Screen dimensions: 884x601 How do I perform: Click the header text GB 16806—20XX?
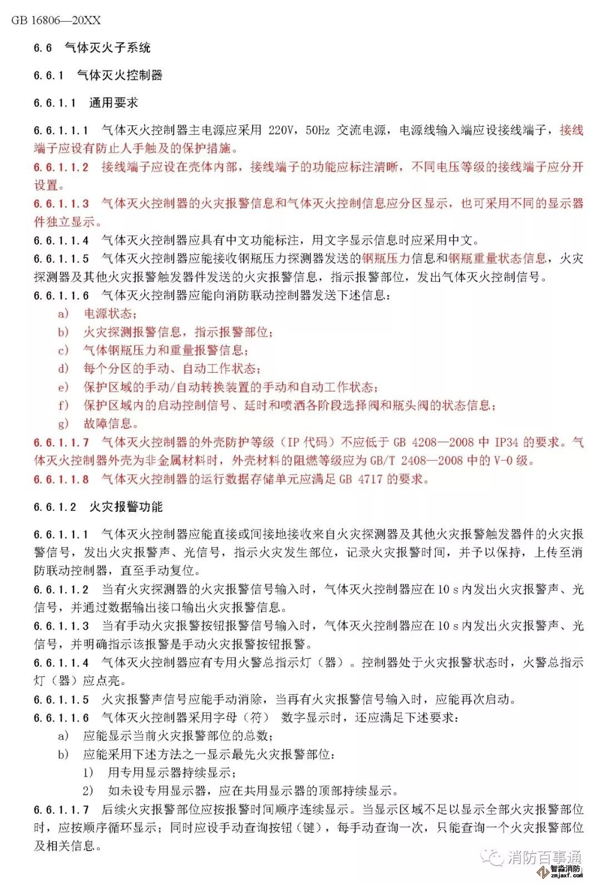[56, 21]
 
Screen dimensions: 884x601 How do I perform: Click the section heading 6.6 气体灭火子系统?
[92, 48]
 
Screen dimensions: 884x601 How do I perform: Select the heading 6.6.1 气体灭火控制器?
[98, 75]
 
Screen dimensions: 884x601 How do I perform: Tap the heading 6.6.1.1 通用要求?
[86, 103]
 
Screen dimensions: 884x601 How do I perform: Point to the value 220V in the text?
[280, 130]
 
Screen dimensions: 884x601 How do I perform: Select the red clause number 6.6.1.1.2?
[61, 167]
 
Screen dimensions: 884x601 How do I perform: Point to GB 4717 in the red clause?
[354, 479]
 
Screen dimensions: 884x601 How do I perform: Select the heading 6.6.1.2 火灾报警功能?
[98, 507]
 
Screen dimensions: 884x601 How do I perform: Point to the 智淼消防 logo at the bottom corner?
[567, 871]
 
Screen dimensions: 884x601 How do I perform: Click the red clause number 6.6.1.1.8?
[61, 479]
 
